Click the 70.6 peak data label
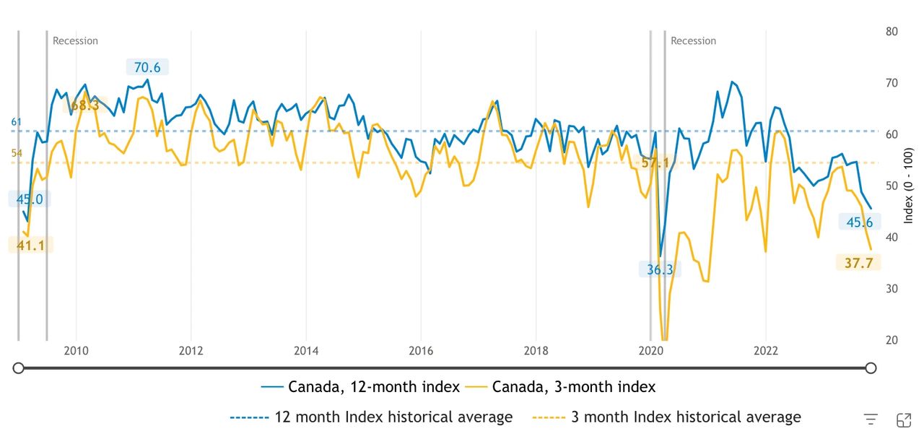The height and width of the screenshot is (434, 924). coord(147,67)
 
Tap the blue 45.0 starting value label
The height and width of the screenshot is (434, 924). coord(30,199)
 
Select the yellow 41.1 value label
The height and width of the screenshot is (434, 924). coord(31,246)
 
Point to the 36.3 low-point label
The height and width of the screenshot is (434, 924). coord(660,269)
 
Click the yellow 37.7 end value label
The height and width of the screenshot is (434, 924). coord(858,263)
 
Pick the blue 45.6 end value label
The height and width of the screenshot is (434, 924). coord(860,222)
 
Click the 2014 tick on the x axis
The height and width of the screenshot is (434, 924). coord(306,351)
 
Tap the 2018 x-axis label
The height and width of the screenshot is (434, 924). coord(536,351)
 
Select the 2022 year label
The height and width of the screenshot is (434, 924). coord(766,351)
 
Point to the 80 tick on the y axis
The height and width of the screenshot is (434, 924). coord(892,31)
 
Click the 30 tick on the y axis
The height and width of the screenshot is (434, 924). coord(892,288)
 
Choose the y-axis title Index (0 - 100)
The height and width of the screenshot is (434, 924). coord(908,186)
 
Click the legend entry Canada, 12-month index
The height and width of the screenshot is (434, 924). coord(360,387)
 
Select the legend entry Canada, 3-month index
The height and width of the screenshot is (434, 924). coord(560,387)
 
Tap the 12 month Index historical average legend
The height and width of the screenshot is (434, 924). coord(371,417)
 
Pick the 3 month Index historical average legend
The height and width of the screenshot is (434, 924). coord(666,417)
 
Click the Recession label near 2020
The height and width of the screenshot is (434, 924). coord(693,41)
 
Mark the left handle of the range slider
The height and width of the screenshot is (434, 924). coord(18,368)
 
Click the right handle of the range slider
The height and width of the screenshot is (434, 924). coord(871,368)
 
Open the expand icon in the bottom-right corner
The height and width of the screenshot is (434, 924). coord(904,420)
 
